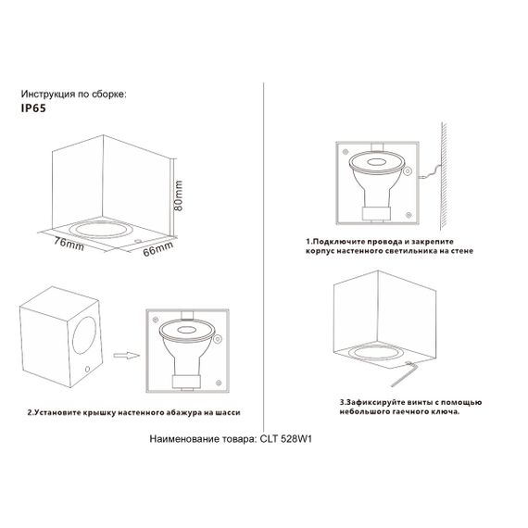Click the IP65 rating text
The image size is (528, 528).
click(33, 107)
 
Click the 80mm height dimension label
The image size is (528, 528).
click(179, 196)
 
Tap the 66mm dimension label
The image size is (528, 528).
click(157, 246)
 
